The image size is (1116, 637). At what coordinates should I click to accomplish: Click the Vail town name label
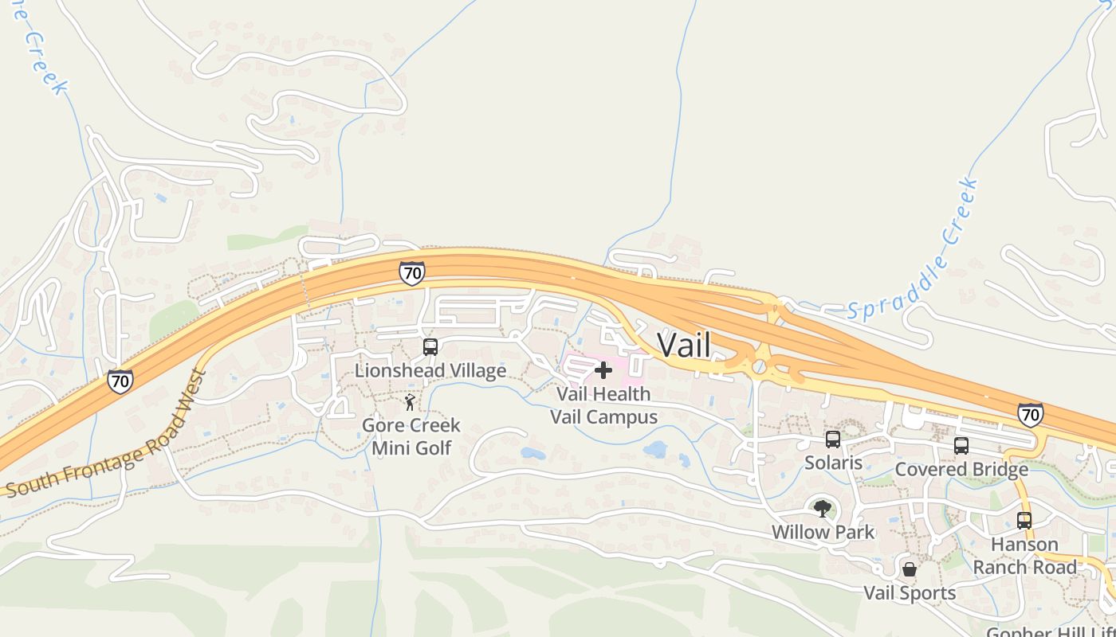click(683, 345)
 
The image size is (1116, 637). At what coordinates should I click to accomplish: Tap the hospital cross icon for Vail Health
click(603, 369)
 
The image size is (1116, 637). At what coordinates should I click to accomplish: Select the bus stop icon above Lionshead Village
click(430, 347)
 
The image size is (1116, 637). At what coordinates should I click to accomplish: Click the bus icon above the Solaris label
click(833, 439)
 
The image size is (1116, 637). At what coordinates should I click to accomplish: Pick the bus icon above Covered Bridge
click(961, 446)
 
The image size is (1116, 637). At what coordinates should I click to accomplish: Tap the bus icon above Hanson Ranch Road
click(1024, 521)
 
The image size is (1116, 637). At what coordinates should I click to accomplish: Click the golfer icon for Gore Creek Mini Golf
click(410, 402)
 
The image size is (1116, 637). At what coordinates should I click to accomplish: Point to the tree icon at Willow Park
click(823, 508)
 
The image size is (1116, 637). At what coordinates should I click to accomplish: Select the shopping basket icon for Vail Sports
click(910, 569)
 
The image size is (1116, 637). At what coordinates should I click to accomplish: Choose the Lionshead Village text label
click(430, 371)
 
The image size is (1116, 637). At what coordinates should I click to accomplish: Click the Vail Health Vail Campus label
click(603, 405)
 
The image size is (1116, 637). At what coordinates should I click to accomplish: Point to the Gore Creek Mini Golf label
click(411, 436)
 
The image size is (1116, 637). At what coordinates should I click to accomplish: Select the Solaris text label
click(833, 463)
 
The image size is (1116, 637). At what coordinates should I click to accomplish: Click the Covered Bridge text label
click(961, 469)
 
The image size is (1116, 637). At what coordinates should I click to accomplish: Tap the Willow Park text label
click(823, 532)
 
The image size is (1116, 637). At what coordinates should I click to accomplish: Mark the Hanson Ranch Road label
click(1024, 556)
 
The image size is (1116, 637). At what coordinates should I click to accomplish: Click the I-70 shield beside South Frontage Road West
click(120, 381)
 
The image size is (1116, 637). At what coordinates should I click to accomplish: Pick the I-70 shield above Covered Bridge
click(1030, 414)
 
